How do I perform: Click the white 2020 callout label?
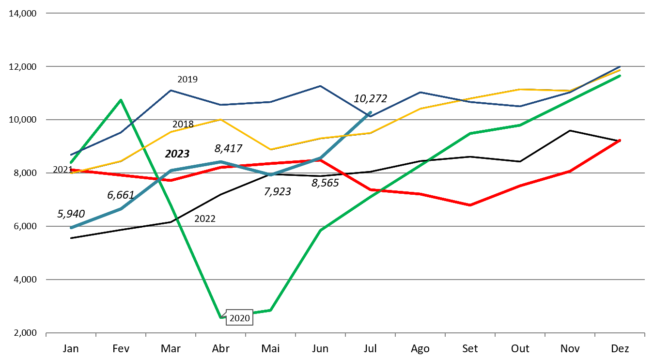(239, 318)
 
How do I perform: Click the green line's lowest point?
(221, 317)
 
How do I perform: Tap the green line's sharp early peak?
(121, 100)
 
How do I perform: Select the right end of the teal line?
(371, 112)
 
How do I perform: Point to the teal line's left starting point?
(71, 227)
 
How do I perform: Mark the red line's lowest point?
(470, 205)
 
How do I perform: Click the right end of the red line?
(620, 141)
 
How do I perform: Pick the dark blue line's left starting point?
(71, 155)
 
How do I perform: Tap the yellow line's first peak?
(220, 119)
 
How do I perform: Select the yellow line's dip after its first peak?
(270, 149)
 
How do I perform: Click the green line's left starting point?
(71, 162)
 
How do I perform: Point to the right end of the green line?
(620, 76)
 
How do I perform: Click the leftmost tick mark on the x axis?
(46, 334)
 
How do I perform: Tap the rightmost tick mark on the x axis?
(644, 334)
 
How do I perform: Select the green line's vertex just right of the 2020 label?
(270, 310)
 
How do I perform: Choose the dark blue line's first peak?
(171, 91)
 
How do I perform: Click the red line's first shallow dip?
(171, 180)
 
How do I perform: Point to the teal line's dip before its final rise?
(270, 174)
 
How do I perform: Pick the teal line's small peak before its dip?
(220, 162)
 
